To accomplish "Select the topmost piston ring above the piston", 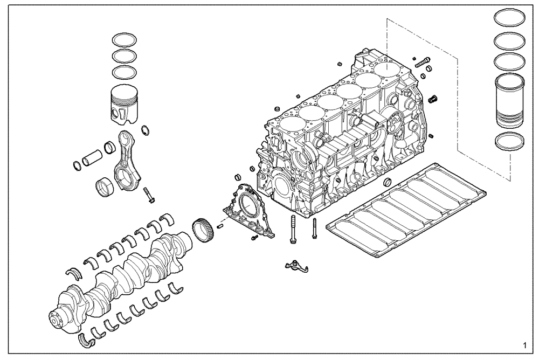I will [x=124, y=40].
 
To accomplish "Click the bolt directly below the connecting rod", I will [x=149, y=195].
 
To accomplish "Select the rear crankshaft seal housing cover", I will [x=247, y=211].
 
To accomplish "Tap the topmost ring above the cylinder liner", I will [x=510, y=18].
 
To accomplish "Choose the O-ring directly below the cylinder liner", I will [x=510, y=141].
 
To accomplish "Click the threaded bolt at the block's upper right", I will [x=423, y=63].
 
